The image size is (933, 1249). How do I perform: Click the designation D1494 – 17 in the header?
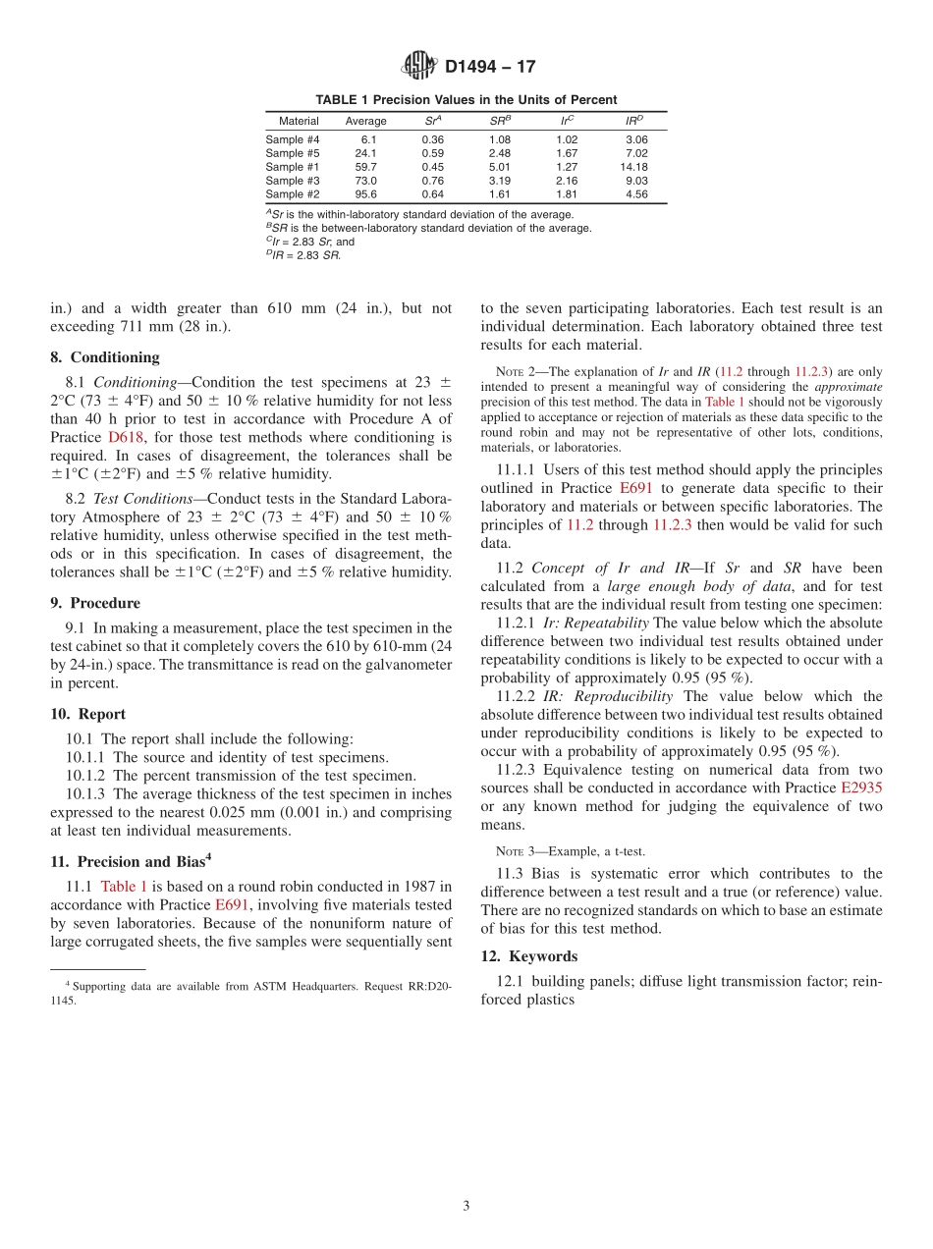click(x=490, y=68)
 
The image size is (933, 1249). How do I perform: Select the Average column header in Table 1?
click(x=365, y=121)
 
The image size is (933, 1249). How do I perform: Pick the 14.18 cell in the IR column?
click(x=633, y=167)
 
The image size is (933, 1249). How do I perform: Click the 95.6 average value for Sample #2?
click(x=365, y=194)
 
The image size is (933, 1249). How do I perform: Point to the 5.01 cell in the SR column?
click(x=499, y=167)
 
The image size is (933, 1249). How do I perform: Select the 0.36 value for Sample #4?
click(x=432, y=139)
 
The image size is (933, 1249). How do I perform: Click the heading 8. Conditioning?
click(x=104, y=357)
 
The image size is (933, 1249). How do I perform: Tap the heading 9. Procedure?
click(x=95, y=603)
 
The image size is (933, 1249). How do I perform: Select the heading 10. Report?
click(x=88, y=714)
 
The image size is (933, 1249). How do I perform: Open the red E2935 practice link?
click(x=861, y=788)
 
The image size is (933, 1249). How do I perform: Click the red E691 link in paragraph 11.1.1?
click(x=636, y=488)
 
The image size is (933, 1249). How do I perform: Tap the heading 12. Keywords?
click(x=528, y=956)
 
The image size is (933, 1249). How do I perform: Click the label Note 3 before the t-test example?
click(x=516, y=851)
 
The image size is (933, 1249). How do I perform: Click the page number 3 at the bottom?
click(x=466, y=1207)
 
